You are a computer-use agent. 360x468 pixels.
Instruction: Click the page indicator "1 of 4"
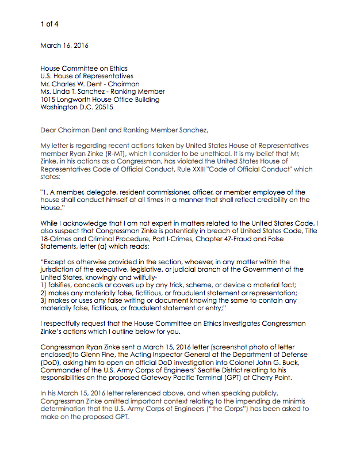pos(49,24)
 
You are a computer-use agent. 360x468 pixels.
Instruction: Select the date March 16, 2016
pos(64,45)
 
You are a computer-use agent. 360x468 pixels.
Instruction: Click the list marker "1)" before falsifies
pos(44,285)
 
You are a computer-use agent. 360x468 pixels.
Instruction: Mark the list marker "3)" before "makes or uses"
pos(44,300)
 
